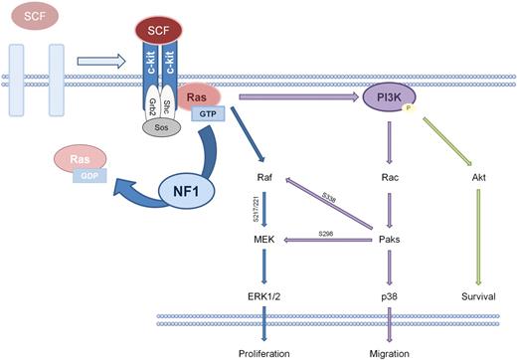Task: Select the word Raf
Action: [265, 181]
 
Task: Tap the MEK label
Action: [264, 240]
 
